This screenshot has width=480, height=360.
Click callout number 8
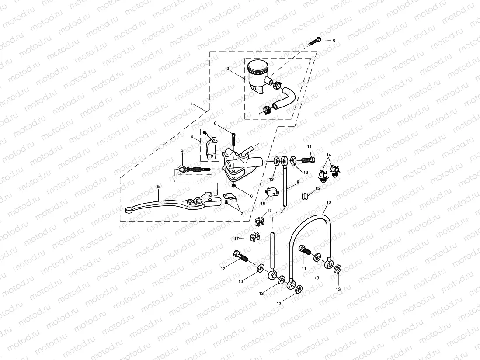pyautogui.click(x=334, y=40)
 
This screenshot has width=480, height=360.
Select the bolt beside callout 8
pyautogui.click(x=316, y=42)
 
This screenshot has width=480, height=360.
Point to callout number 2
pyautogui.click(x=228, y=69)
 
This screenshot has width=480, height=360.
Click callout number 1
pyautogui.click(x=191, y=104)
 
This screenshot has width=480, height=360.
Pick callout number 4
pyautogui.click(x=192, y=137)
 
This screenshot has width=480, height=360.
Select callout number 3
pyautogui.click(x=182, y=150)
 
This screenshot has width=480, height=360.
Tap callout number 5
pyautogui.click(x=159, y=187)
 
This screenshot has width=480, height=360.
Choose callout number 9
pyautogui.click(x=298, y=181)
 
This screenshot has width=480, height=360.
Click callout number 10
pyautogui.click(x=329, y=202)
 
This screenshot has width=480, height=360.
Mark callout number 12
pyautogui.click(x=223, y=269)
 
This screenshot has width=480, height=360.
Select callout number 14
pyautogui.click(x=329, y=155)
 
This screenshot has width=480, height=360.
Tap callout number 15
pyautogui.click(x=318, y=188)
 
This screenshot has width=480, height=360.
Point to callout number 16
pyautogui.click(x=263, y=203)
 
